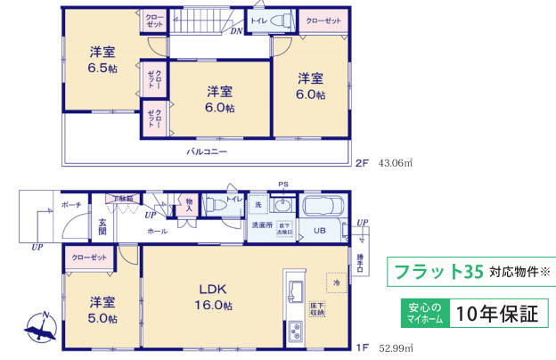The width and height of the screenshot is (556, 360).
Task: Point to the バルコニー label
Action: (x=206, y=152)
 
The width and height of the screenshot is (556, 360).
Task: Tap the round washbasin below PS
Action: (x=283, y=206)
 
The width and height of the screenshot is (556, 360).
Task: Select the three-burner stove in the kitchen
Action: (x=297, y=334)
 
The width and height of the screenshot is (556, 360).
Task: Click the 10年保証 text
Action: (x=497, y=313)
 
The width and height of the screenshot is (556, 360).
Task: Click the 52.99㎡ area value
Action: (x=397, y=348)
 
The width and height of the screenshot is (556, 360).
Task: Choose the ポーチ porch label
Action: (x=71, y=205)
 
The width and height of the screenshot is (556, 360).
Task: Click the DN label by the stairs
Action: (x=235, y=31)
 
